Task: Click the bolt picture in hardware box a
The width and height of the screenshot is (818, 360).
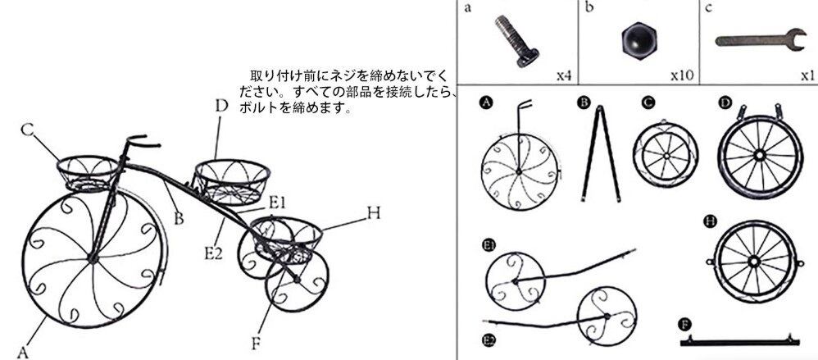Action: point(515,39)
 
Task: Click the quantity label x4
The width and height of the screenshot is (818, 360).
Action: point(563,75)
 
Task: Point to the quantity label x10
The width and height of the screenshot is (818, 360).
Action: point(682,75)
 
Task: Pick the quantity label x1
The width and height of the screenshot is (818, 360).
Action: point(807,75)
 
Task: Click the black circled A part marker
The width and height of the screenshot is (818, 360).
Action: point(486,103)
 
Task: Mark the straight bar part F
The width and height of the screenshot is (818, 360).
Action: point(740,340)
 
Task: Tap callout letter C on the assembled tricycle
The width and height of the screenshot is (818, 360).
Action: point(27,130)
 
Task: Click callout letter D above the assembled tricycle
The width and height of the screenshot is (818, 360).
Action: point(220,106)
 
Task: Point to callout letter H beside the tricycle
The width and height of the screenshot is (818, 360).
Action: point(374,213)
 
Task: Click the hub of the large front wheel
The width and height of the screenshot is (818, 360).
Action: point(92,259)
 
